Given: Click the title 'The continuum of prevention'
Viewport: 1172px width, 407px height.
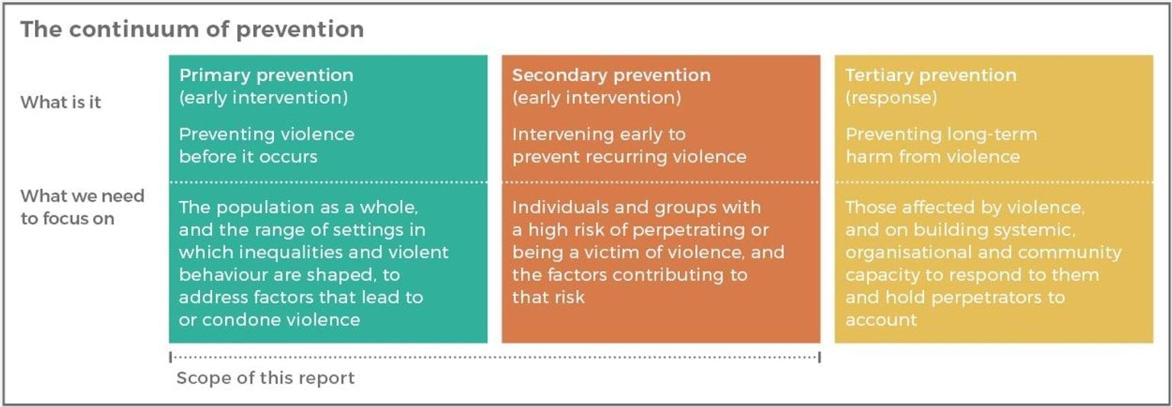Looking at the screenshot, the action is pos(192,29).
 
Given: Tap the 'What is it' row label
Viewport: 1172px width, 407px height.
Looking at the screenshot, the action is pos(61,102).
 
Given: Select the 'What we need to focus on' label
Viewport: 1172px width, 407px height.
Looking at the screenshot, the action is pos(82,207).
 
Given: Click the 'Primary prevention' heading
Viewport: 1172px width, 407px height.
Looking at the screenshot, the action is pos(266,76).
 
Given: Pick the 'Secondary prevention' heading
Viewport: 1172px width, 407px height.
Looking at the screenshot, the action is pos(611,76).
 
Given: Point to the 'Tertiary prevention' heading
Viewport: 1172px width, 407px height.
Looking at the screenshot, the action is pos(932,76).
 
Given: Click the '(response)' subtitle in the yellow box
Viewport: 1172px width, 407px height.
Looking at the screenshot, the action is pos(891,98).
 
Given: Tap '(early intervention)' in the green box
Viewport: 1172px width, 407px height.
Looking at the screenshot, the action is pos(263,98).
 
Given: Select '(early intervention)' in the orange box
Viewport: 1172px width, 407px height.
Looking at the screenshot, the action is pos(597,98).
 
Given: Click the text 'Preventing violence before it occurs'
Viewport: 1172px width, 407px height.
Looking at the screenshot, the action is pos(266,145).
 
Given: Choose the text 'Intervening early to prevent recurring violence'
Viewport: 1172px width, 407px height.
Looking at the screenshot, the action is pos(629,145).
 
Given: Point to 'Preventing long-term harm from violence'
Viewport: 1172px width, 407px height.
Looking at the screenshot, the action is pos(941,145).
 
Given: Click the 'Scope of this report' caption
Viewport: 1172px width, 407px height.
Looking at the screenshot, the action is pos(266,378).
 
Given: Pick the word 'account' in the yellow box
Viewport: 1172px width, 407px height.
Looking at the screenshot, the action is pos(881,320).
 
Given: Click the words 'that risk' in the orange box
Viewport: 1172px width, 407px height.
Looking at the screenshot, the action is pos(548,298).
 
